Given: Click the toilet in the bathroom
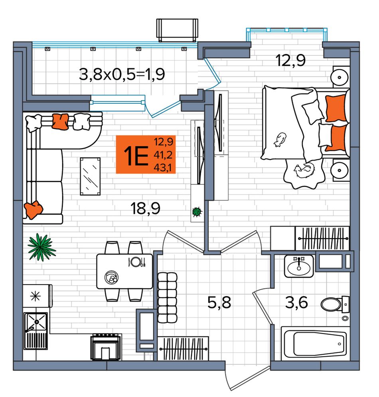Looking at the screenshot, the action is pos(334,304).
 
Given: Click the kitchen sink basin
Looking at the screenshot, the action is pos(36,322).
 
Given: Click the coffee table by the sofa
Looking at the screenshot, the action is pos(90,176).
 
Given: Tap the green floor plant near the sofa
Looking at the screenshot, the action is pos(41,247).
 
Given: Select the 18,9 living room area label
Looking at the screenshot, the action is pos(145,209).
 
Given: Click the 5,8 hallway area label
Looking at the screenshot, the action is pos(219,302).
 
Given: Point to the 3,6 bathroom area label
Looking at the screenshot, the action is pos(296,302).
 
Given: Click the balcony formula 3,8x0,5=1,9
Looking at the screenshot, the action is pos(122,75).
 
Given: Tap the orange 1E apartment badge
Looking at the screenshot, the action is pos(146,154).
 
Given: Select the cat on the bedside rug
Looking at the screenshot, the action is pos(304,171).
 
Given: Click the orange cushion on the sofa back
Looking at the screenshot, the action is pos(61,121).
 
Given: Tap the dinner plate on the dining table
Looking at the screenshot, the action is pos(136,262).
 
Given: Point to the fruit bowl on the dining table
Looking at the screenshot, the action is pos(112,277).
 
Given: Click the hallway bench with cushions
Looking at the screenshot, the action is pos(167,298).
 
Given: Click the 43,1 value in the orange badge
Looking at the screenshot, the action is pos(164,168).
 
